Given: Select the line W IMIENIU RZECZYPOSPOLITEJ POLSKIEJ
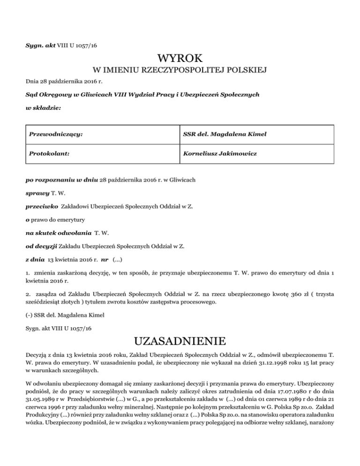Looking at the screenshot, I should [x=180, y=71].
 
